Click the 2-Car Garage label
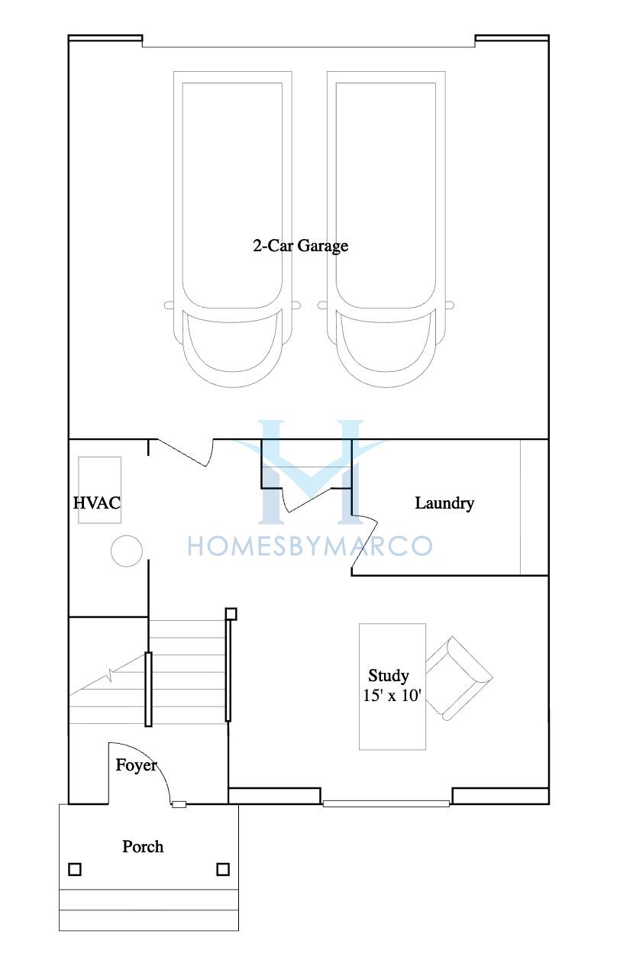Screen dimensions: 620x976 pos(301,246)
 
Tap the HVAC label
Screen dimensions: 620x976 pos(97,503)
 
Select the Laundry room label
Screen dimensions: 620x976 pos(444,503)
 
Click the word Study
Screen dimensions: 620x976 pos(389,676)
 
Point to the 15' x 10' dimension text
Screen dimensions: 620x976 pos(392,696)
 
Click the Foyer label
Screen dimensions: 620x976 pos(137,765)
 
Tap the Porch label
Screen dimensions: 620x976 pos(143,847)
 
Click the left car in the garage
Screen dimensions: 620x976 pos(232,229)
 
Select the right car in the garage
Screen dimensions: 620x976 pos(386,229)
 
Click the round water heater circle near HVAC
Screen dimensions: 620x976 pos(126,551)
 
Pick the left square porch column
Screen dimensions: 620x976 pos(75,869)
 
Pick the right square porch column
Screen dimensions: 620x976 pos(223,869)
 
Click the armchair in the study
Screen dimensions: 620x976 pos(459,678)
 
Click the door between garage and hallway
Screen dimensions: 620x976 pos(182,453)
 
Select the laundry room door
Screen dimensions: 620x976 pos(365,545)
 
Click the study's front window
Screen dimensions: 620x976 pos(386,803)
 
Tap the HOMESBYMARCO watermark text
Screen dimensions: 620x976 pos(310,546)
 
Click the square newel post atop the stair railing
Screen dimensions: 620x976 pos(231,614)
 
